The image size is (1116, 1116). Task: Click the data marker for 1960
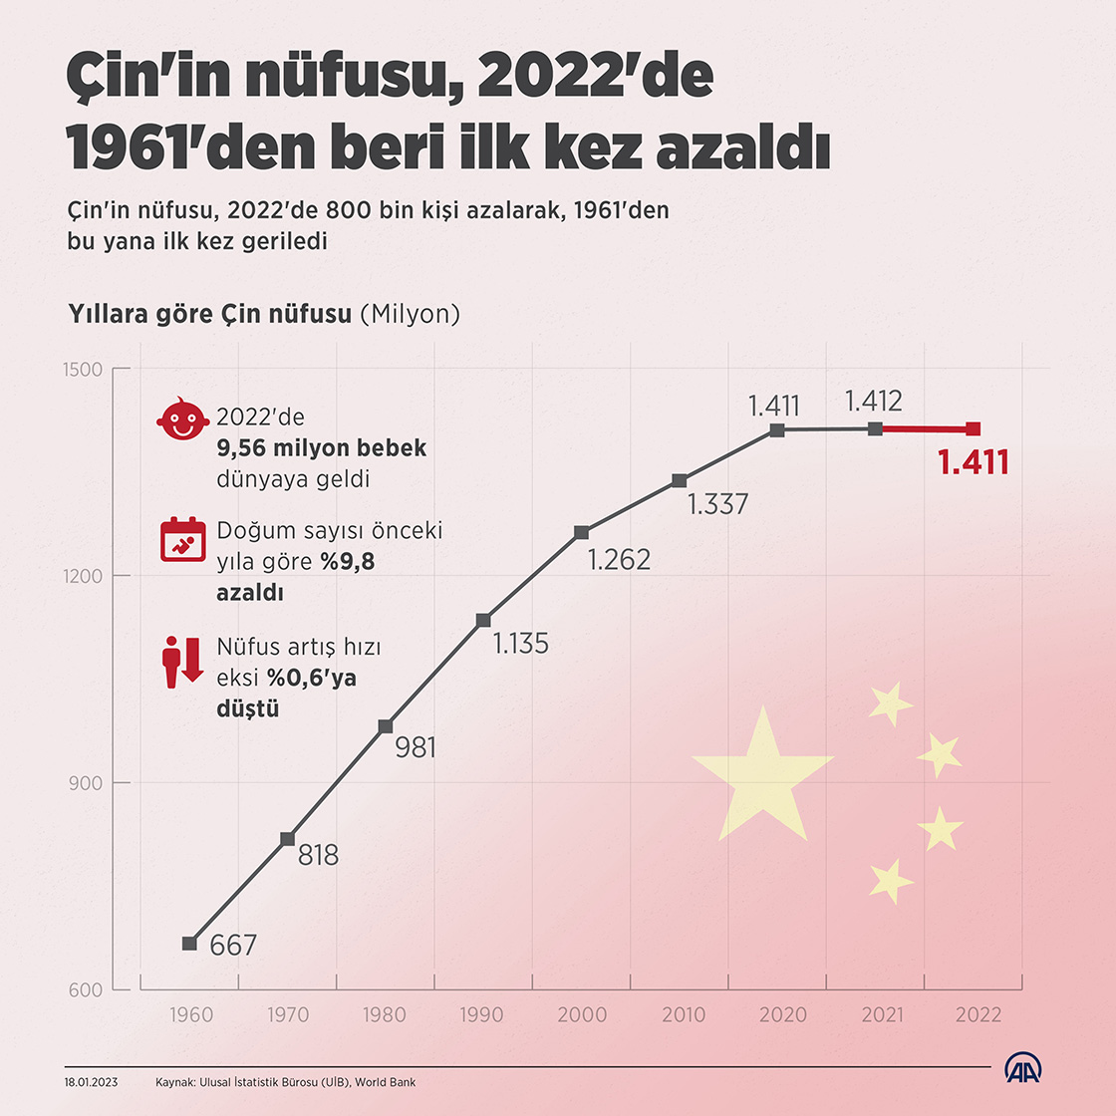pos(189,943)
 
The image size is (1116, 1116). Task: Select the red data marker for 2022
pos(974,429)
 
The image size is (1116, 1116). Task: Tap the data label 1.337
pos(717,504)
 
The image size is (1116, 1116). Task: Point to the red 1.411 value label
pos(974,462)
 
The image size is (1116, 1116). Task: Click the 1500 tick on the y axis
pos(85,370)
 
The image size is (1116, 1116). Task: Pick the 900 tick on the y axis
pos(87,783)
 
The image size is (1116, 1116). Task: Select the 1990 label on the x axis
pos(482,1015)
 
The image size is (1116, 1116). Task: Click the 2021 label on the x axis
pos(882,1015)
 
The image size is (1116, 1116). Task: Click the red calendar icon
pos(182,539)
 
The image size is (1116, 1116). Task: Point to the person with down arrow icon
pos(182,661)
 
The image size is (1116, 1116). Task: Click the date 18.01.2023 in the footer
pos(91,1082)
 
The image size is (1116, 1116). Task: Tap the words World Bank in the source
pos(386,1082)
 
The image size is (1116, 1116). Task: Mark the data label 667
pos(233,945)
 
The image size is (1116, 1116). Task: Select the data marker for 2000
pos(581,532)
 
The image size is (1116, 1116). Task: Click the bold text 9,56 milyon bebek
pos(321,448)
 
